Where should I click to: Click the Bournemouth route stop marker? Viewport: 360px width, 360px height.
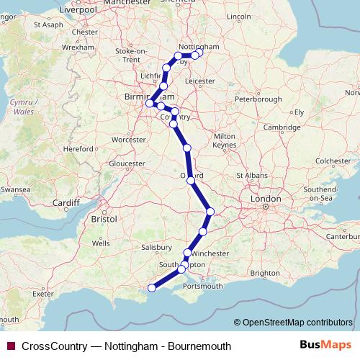(x=151, y=289)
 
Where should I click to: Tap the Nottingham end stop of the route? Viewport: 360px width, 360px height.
(x=200, y=51)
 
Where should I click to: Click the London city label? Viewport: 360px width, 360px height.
(x=265, y=198)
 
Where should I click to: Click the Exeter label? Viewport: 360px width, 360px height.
(x=42, y=293)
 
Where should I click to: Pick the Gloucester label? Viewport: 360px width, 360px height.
(x=126, y=163)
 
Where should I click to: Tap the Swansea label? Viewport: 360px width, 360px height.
(x=16, y=189)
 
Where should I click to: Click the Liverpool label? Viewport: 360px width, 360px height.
(x=78, y=10)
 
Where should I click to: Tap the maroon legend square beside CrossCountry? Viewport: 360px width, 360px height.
(x=10, y=346)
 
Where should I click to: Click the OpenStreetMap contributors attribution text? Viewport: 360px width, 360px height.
(x=297, y=323)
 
